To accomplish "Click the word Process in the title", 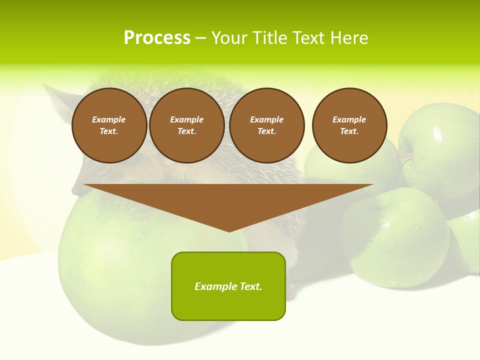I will [157, 38].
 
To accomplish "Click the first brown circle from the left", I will [109, 125].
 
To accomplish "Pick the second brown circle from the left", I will [186, 125].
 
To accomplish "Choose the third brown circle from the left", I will [266, 125].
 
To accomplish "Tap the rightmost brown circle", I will [349, 125].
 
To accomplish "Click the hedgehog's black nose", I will [76, 190].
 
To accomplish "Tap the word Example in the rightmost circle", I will [349, 119].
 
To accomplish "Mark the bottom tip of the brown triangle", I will [229, 230].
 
